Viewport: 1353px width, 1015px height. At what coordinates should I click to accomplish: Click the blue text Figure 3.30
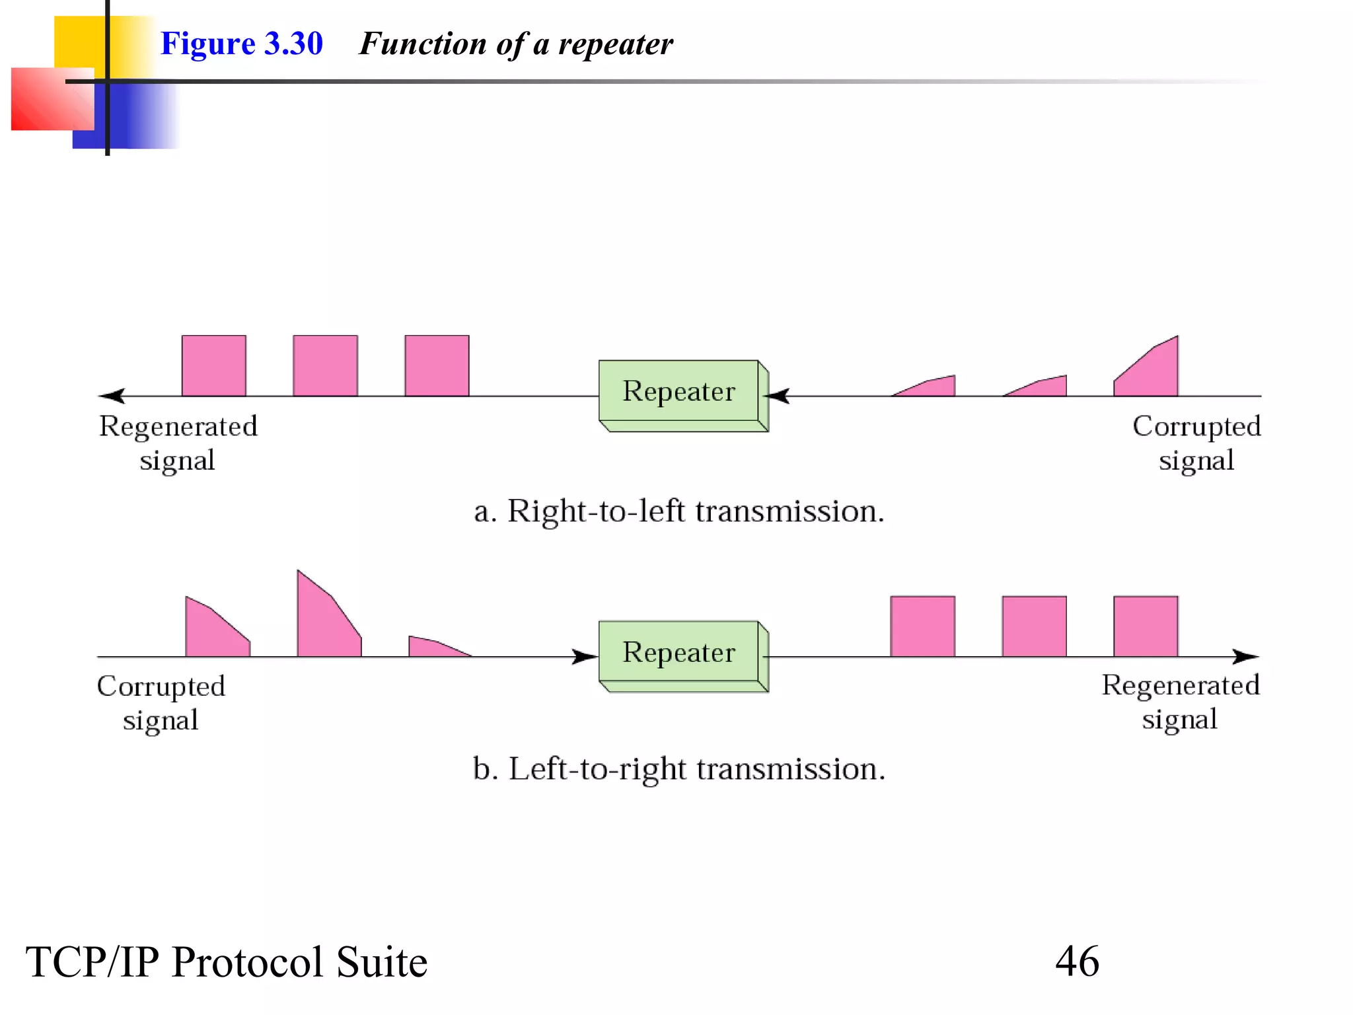click(241, 44)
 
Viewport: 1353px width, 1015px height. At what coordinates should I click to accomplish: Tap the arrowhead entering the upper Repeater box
click(778, 396)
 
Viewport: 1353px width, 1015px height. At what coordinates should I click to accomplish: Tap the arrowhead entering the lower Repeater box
click(585, 656)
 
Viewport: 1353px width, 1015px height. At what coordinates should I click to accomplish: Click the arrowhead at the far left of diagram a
click(112, 396)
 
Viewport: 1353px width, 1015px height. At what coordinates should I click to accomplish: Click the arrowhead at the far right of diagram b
click(1246, 656)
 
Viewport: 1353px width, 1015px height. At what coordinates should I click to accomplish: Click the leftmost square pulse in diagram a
click(213, 365)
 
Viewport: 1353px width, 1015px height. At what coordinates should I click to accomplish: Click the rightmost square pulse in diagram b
click(1146, 626)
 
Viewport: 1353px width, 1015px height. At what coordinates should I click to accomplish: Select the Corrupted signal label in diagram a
click(1196, 443)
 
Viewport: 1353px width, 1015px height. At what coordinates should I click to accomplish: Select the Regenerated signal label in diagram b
click(1181, 702)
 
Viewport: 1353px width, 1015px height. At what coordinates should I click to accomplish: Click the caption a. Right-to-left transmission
click(679, 511)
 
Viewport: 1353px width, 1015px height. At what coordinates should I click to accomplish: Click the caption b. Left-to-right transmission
click(679, 769)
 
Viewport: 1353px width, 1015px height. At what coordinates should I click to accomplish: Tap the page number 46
click(1077, 961)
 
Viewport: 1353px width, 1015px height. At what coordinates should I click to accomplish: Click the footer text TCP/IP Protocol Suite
click(227, 961)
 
